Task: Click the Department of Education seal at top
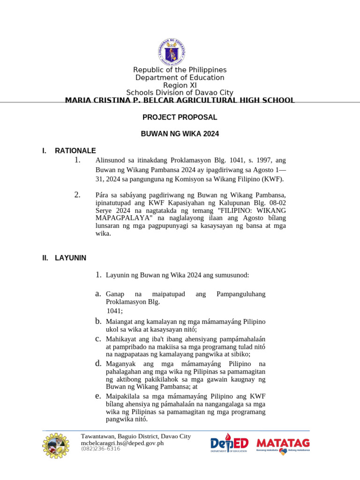point(180,52)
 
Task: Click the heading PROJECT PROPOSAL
point(180,117)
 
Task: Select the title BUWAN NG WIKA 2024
point(180,134)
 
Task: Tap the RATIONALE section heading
point(75,150)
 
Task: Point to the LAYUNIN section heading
point(70,257)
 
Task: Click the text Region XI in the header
point(180,85)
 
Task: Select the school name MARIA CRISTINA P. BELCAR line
point(180,100)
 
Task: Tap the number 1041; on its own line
point(115,311)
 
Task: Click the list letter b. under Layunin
point(98,321)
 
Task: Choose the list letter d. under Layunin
point(98,363)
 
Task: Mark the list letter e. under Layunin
point(98,396)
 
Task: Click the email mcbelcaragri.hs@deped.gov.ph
point(122,443)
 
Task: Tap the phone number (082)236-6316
point(100,449)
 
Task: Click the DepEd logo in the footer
point(229,443)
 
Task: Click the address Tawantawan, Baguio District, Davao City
point(136,436)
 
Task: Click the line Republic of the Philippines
point(180,70)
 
